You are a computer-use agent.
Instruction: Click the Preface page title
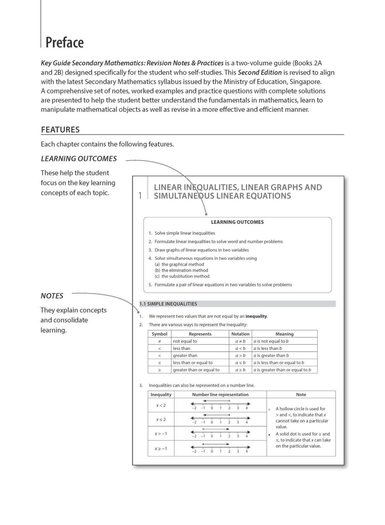[65, 42]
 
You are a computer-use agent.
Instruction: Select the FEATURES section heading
[60, 130]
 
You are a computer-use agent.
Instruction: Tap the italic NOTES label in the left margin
[52, 296]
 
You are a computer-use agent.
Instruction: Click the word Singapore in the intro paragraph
[305, 82]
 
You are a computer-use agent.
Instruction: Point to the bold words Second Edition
[260, 72]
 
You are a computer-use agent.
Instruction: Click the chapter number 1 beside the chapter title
[140, 196]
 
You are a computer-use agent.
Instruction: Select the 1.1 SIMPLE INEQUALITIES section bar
[237, 304]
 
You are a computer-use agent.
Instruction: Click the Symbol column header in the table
[160, 334]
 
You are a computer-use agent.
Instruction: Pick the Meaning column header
[284, 334]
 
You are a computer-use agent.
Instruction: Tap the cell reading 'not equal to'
[185, 341]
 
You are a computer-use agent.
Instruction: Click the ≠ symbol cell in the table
[160, 341]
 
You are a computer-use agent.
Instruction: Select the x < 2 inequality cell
[161, 405]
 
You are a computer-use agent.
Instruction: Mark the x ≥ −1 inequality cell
[161, 448]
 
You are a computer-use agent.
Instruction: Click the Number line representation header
[220, 394]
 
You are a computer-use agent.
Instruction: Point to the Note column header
[301, 394]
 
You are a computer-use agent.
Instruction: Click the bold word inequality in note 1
[256, 316]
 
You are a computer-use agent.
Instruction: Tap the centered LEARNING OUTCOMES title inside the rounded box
[237, 222]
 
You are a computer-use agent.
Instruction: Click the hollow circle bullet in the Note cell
[269, 409]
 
